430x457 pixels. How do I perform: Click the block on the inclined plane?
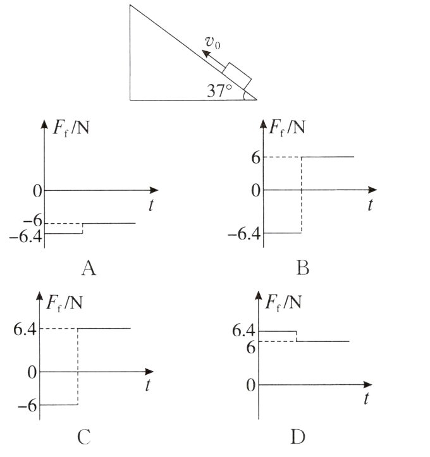(x=237, y=76)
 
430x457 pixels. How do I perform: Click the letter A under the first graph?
(x=89, y=270)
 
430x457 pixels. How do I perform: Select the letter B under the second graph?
(x=302, y=270)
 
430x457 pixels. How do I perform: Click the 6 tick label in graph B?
(x=255, y=157)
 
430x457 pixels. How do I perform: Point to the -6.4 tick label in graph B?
(x=244, y=235)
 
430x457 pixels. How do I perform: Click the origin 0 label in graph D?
(x=251, y=384)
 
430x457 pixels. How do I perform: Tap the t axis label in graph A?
(x=152, y=205)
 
